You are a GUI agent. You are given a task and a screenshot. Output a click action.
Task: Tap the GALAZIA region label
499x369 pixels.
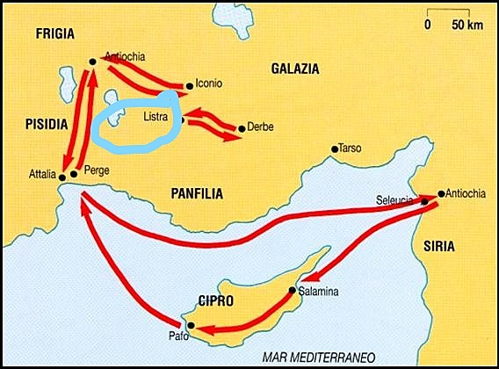[x=295, y=68]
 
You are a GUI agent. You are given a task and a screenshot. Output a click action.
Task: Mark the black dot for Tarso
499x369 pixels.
[x=335, y=149]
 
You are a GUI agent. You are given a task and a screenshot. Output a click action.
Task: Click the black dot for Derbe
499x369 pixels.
[x=242, y=127]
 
